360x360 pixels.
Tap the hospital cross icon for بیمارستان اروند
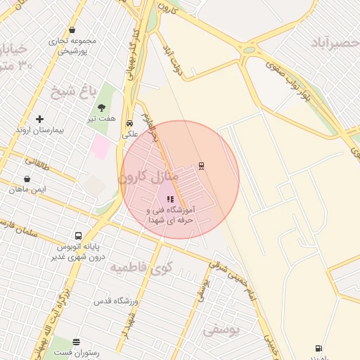[39, 119]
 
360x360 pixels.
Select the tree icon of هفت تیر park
[101, 108]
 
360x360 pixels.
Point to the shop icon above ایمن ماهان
[27, 179]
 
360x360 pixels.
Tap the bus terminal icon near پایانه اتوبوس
[77, 236]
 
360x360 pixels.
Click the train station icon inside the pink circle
[202, 166]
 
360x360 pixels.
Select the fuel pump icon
[320, 347]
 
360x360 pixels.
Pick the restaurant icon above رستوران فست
[76, 342]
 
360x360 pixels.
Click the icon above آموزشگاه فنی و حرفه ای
[170, 199]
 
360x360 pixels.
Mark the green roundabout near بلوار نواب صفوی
[249, 49]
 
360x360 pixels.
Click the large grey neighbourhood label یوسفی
[221, 329]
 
